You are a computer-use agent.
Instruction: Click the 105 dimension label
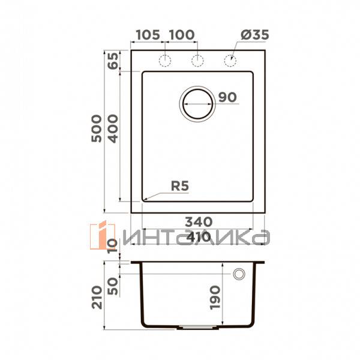click(148, 34)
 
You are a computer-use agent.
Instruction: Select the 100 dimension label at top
click(182, 34)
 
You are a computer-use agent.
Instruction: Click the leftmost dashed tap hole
click(164, 60)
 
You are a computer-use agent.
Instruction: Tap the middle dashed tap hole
click(196, 60)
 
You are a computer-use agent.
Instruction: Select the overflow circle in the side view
click(239, 274)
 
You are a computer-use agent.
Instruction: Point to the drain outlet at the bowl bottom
click(196, 328)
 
